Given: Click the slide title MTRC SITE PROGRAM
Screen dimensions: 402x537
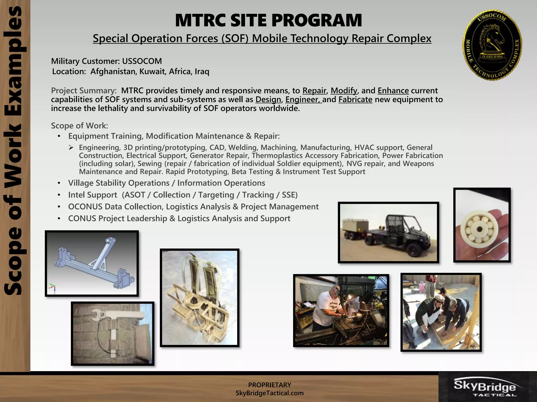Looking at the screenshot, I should [268, 20].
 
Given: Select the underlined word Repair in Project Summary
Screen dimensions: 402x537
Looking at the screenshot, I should [314, 91].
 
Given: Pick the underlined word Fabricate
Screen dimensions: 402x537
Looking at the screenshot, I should [355, 100].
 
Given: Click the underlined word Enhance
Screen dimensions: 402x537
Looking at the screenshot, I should [393, 91].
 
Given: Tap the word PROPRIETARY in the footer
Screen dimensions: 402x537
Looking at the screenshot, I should [270, 385].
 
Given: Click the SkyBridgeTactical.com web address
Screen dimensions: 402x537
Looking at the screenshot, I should [270, 393].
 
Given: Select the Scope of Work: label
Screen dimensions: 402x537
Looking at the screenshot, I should [79, 126].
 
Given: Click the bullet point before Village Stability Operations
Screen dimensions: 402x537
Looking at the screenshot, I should [59, 183].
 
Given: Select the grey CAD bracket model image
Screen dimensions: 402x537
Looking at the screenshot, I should [92, 264].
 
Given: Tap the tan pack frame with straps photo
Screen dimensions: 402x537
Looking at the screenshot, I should [200, 298].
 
